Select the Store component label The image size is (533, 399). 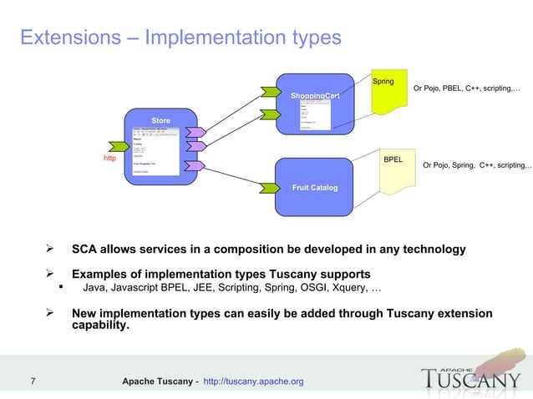(160, 121)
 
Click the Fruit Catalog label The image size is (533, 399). (314, 188)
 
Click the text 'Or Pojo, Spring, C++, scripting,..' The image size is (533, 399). (477, 165)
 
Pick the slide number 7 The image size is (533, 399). (32, 381)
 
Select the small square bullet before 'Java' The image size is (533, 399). (61, 289)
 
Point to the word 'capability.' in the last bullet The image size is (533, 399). (100, 326)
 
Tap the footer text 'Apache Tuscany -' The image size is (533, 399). (160, 381)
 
